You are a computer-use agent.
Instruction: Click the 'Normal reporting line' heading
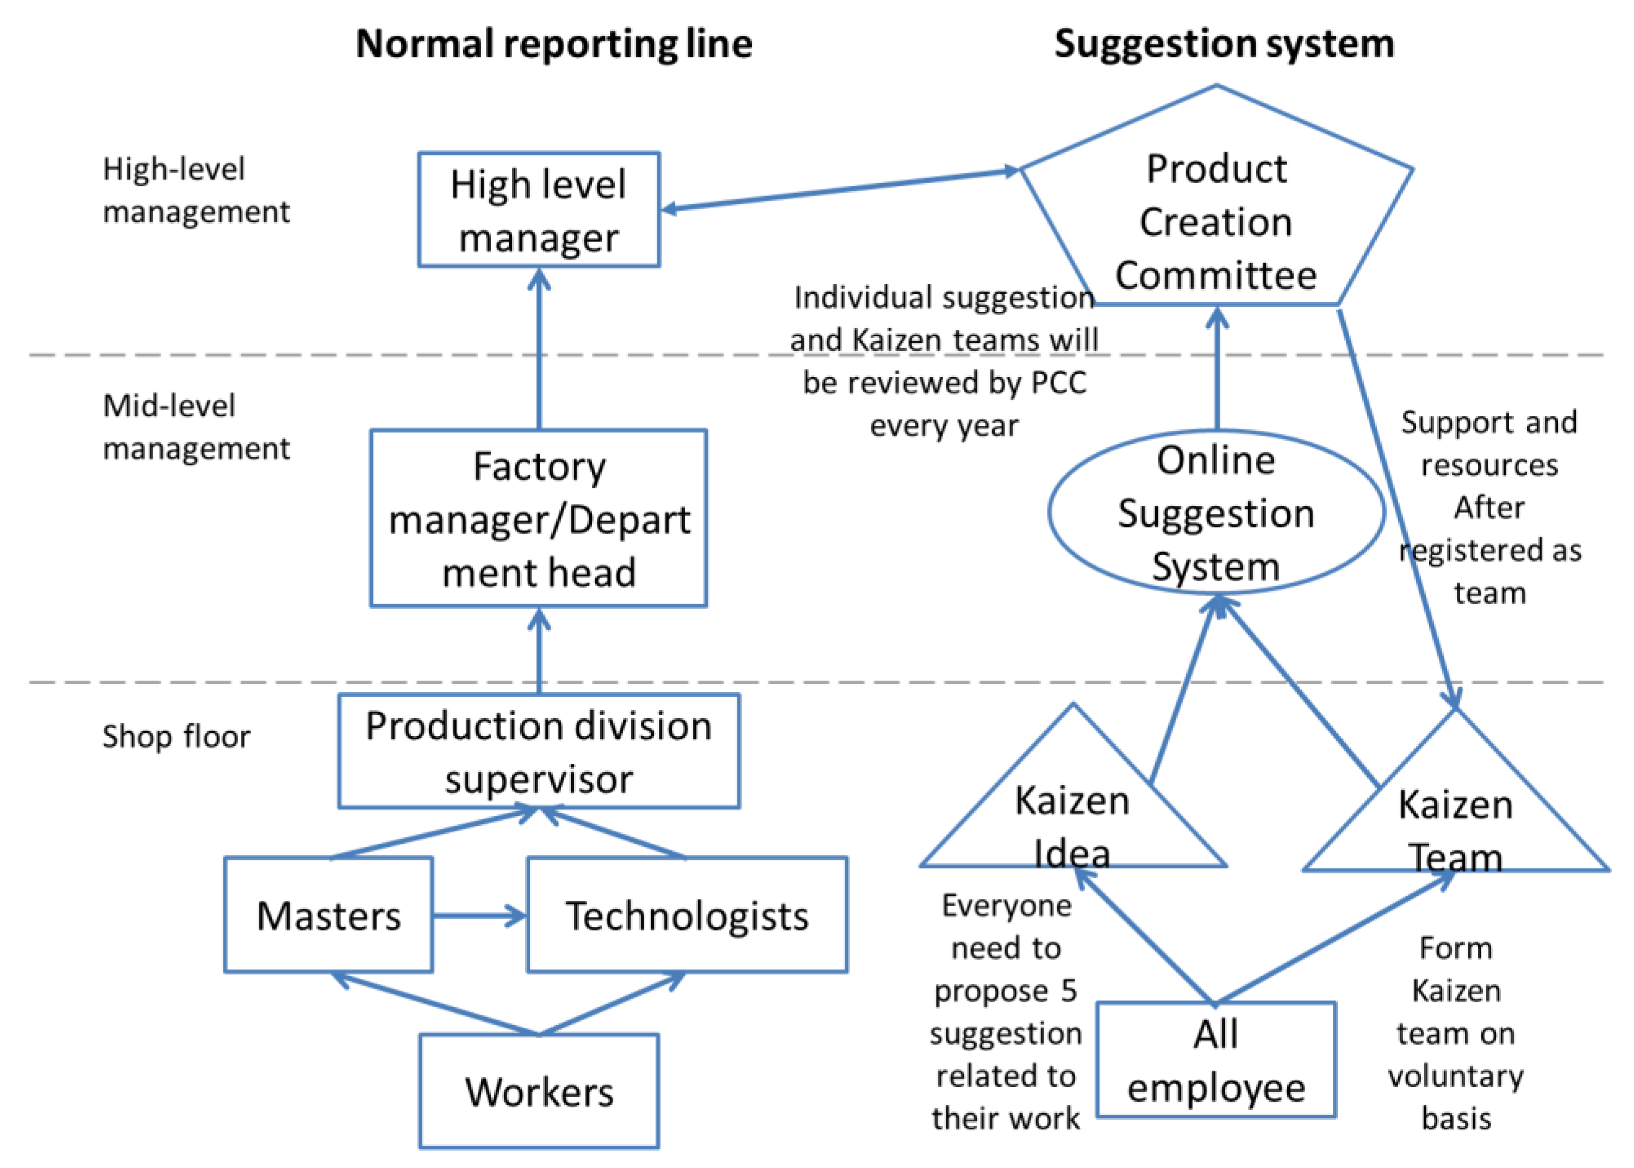tap(553, 45)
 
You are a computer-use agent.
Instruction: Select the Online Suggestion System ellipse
tap(1216, 513)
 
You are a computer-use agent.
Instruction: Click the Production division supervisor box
tap(538, 751)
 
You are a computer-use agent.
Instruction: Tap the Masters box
tap(328, 915)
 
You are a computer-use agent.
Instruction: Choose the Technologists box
tap(687, 915)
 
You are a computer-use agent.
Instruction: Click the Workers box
tap(539, 1091)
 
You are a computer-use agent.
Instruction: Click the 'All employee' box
tap(1216, 1060)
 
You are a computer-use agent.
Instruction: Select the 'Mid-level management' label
tap(196, 427)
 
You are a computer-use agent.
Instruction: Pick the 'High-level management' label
tap(196, 191)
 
